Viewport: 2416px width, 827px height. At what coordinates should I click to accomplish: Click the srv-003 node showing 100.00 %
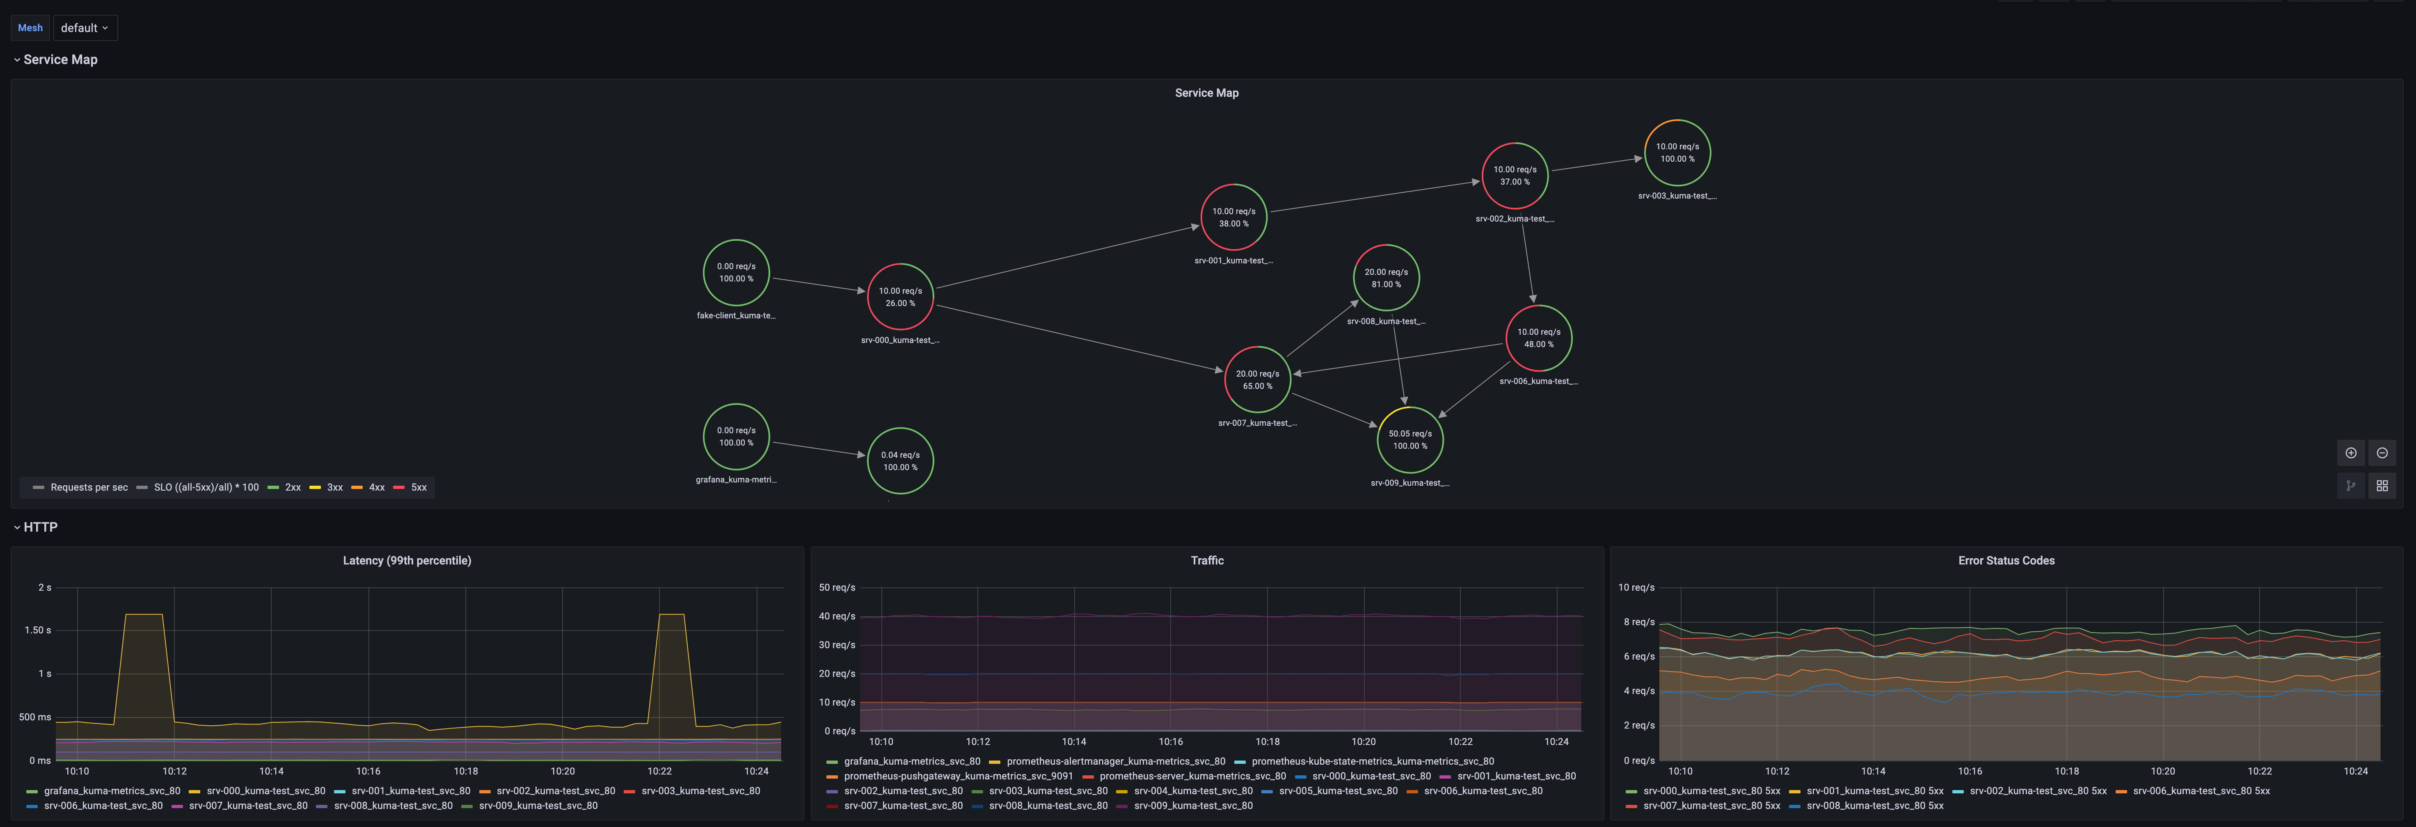1677,153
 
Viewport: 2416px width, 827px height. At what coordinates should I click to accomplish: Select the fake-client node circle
736,273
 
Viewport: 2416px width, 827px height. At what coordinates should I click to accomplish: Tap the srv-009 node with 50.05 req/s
1409,440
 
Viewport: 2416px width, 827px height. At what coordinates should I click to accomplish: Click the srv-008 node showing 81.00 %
1386,278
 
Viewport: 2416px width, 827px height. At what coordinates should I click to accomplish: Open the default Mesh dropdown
85,28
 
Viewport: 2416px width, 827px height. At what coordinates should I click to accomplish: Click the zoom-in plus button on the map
2350,453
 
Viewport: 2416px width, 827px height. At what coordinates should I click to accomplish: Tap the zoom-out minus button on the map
2382,453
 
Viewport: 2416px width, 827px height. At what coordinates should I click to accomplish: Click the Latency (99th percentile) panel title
407,561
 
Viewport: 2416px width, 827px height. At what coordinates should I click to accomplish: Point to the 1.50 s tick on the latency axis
37,630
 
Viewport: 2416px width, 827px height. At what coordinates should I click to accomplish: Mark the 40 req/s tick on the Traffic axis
837,616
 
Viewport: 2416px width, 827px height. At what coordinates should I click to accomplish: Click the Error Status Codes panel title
2006,561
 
